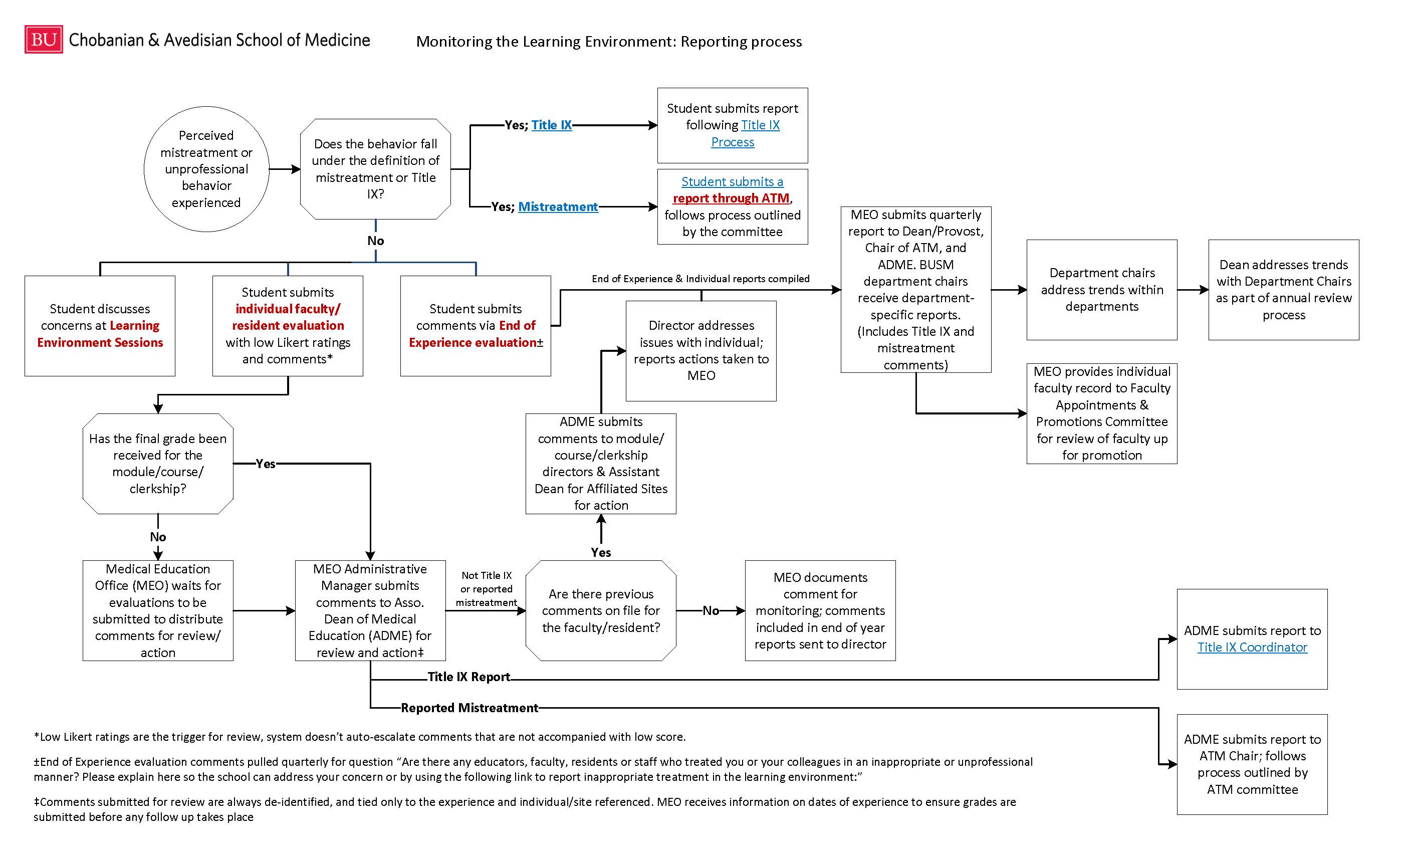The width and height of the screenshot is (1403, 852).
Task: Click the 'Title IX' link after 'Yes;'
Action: click(551, 125)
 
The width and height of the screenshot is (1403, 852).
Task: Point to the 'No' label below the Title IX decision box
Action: click(375, 241)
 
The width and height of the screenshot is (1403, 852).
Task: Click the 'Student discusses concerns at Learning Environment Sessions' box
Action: click(100, 326)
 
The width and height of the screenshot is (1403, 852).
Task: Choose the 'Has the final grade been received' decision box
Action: click(158, 464)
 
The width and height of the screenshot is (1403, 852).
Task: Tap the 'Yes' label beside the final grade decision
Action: click(266, 464)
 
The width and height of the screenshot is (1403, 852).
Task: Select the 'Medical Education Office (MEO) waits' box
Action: click(158, 610)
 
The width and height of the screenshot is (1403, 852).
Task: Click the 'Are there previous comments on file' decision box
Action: click(601, 610)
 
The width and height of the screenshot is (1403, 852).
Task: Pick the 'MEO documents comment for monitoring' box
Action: click(820, 610)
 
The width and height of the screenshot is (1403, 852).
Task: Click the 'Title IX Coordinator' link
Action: click(1252, 647)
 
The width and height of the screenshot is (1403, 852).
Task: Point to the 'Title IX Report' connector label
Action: click(469, 677)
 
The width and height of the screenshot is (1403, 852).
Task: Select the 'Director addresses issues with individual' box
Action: click(701, 351)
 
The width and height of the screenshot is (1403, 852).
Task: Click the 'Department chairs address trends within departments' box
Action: click(1102, 290)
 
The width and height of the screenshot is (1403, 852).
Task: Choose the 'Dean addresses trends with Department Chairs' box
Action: click(1283, 290)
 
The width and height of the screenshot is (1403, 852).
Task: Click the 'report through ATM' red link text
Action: click(731, 198)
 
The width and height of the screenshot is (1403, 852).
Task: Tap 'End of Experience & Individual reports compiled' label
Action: click(700, 279)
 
